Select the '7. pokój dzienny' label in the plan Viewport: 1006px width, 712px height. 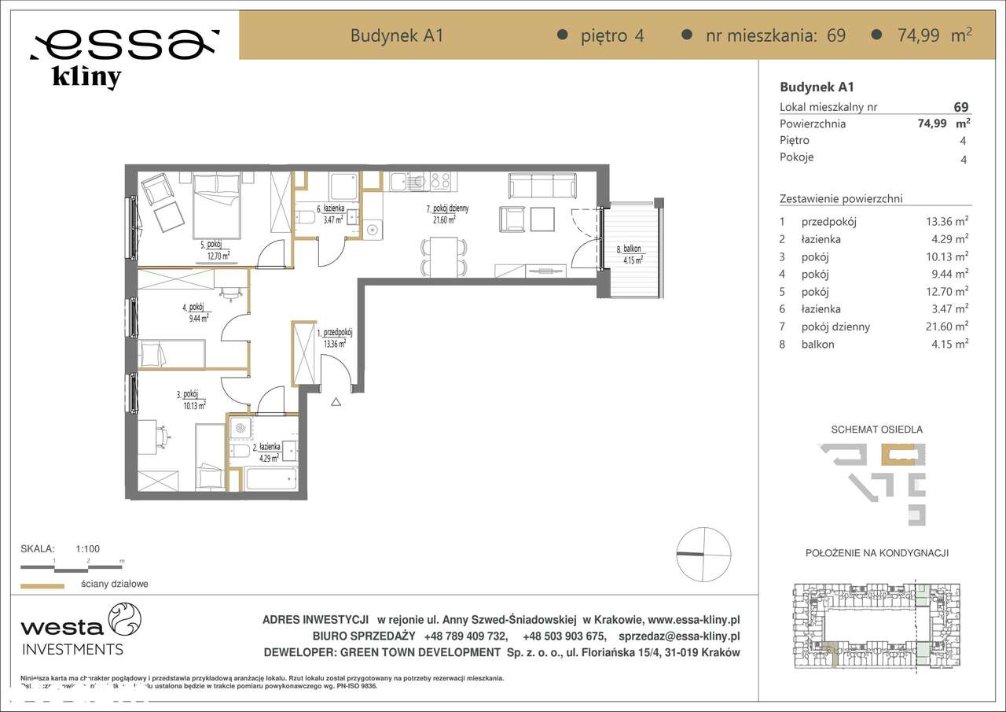coord(446,208)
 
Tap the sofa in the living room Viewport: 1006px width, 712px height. coord(542,186)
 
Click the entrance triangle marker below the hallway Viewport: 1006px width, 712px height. coord(336,403)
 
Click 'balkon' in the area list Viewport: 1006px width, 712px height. coord(817,344)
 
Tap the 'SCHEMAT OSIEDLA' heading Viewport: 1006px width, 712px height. coord(876,430)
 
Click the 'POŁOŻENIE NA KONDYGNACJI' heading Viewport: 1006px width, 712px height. coord(876,554)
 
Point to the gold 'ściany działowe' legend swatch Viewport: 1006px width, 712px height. coord(42,585)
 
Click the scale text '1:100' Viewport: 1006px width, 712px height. coord(87,549)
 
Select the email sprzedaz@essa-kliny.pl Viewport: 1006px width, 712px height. coord(679,636)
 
